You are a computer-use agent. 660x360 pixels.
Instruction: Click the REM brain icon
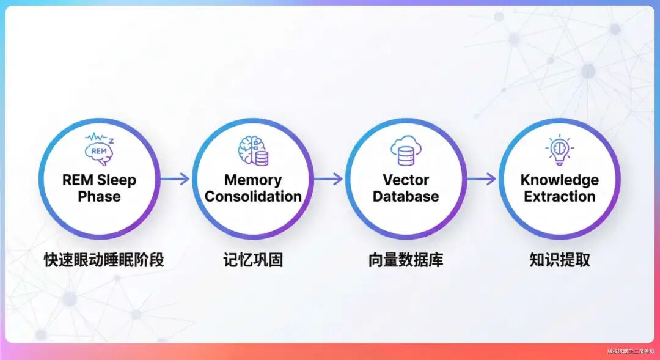click(x=99, y=149)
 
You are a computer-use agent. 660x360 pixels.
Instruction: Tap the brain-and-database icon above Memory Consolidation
click(x=253, y=150)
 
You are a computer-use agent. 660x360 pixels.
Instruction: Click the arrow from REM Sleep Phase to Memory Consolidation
click(x=175, y=179)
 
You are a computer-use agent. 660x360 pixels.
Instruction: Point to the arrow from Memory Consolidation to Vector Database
click(x=329, y=179)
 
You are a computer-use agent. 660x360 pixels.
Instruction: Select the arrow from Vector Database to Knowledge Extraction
click(x=482, y=179)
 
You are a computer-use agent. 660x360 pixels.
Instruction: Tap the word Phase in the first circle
click(x=99, y=197)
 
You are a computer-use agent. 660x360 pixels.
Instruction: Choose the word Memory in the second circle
click(x=253, y=180)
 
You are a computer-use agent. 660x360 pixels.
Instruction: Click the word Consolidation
click(x=253, y=197)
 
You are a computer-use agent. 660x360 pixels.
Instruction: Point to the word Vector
click(x=406, y=180)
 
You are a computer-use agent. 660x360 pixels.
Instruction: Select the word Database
click(x=406, y=197)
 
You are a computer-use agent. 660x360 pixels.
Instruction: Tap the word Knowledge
click(x=559, y=180)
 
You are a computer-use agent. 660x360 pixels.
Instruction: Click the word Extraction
click(x=559, y=197)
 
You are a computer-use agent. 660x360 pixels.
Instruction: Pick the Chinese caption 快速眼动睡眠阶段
click(x=104, y=260)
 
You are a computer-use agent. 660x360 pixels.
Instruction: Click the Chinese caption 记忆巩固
click(x=253, y=260)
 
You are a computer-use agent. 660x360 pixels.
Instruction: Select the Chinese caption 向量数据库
click(x=406, y=260)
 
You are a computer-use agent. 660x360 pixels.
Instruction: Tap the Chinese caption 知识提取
click(x=560, y=260)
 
